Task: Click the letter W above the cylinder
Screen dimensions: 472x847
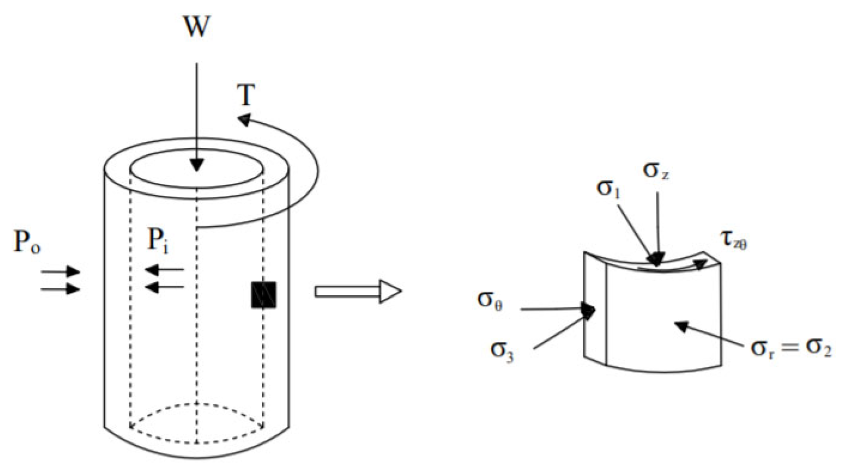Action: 196,26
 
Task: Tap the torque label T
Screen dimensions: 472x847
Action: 246,94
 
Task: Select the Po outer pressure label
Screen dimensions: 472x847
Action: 27,242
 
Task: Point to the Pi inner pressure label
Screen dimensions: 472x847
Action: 157,240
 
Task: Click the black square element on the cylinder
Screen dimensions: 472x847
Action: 264,295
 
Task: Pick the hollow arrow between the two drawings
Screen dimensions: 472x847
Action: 358,291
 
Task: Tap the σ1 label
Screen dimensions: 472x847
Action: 608,189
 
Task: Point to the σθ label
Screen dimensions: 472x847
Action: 490,300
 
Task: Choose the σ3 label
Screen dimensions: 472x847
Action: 502,349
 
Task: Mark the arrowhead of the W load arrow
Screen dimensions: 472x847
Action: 196,165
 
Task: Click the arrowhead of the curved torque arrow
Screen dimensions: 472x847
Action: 244,120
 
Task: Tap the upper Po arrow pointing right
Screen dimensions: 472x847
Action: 61,272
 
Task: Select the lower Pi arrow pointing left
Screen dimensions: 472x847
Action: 164,287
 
